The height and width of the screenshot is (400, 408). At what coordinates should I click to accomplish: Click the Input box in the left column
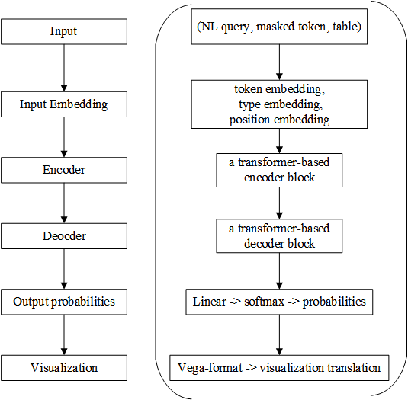point(64,31)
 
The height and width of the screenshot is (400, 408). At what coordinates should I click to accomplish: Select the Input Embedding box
point(64,104)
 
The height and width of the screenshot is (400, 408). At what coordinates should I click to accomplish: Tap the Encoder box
point(64,170)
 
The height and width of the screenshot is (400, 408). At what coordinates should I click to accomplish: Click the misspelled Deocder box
point(64,235)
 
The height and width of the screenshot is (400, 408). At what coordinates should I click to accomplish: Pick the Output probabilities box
point(64,302)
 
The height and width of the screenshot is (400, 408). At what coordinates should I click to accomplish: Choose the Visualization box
point(64,367)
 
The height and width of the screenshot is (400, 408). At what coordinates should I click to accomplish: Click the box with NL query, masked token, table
point(279,28)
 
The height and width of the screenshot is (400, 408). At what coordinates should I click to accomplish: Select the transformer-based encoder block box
point(279,171)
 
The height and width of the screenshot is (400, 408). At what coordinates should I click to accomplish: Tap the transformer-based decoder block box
point(279,237)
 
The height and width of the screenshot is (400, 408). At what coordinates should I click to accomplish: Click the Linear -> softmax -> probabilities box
point(279,302)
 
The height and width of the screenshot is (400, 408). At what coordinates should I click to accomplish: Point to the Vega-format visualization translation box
point(279,368)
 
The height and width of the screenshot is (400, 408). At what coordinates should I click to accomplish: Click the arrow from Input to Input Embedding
point(64,68)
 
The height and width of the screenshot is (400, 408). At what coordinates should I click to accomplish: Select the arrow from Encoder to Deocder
point(64,203)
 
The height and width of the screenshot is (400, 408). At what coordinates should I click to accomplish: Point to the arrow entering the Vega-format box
point(279,335)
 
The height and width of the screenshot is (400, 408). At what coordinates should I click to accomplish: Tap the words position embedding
point(279,120)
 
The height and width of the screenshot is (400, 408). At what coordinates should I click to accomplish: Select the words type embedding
point(279,104)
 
